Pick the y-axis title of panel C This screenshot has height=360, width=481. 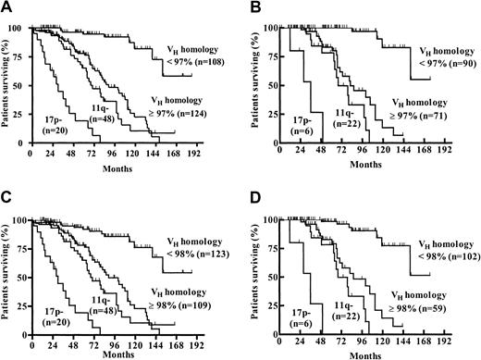click(9, 268)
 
